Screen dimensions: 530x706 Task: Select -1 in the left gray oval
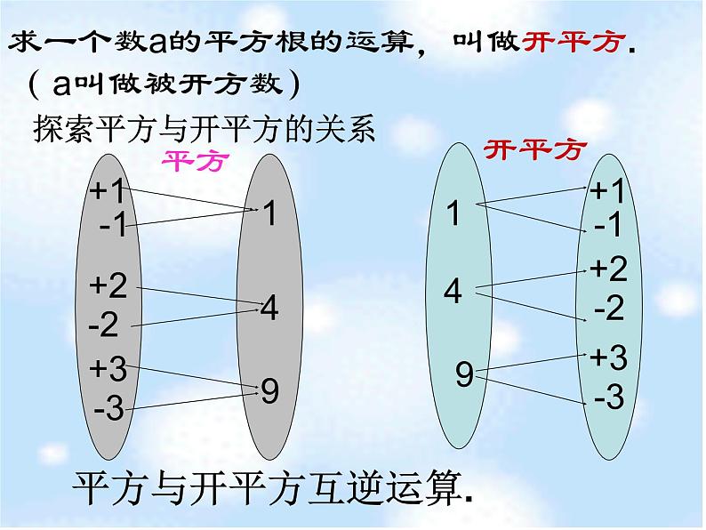coord(114,226)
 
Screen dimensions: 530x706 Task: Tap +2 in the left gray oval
coord(108,285)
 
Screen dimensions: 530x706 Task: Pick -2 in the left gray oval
coord(104,325)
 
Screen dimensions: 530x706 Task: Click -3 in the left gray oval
coord(108,410)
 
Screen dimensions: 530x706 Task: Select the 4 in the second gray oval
coord(269,309)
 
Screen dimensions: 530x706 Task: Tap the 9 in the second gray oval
coord(270,391)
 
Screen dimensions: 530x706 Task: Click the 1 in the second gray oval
coord(270,213)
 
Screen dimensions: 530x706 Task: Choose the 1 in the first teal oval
coord(453,213)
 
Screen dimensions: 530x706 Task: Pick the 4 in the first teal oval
coord(453,292)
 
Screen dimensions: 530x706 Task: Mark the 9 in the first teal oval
coord(464,374)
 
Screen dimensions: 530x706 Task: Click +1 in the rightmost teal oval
coord(609,191)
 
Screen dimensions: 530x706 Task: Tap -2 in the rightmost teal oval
coord(609,309)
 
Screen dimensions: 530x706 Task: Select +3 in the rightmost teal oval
coord(609,357)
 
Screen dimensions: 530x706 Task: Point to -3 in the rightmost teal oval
coord(609,397)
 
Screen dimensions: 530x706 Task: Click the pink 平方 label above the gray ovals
coord(193,161)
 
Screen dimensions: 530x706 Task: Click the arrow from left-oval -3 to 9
coord(191,397)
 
